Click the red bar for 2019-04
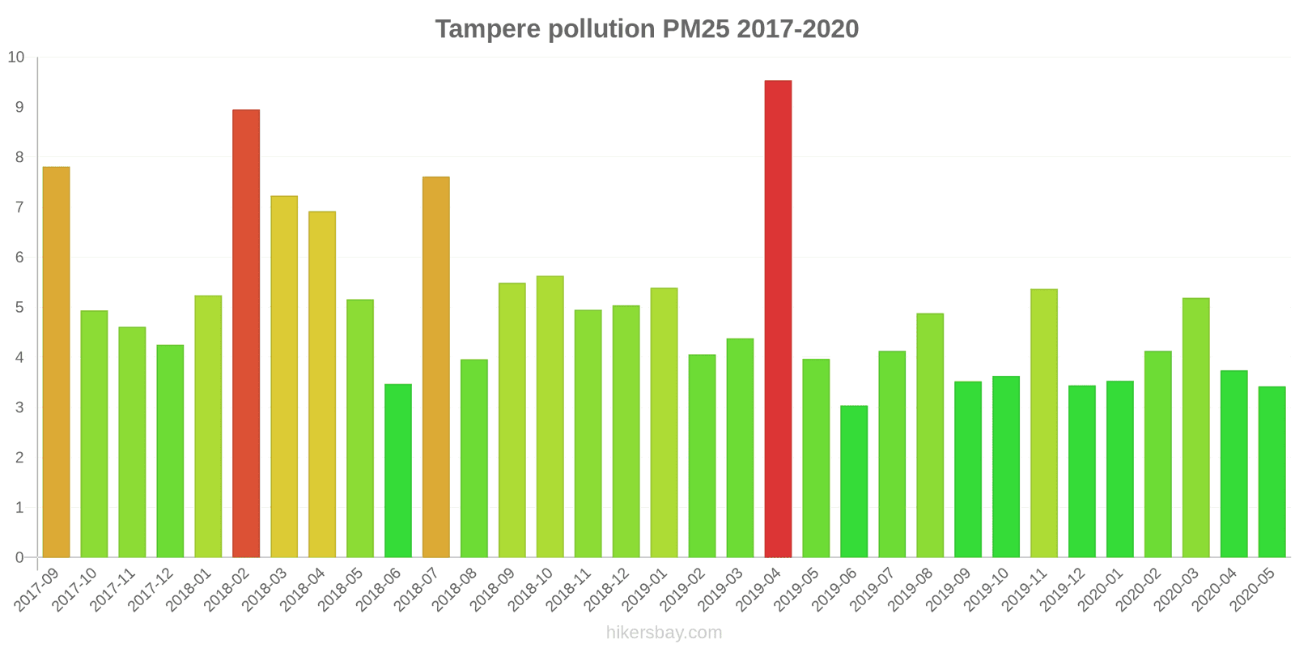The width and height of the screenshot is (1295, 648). pyautogui.click(x=778, y=319)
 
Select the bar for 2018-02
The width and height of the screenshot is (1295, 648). pyautogui.click(x=246, y=334)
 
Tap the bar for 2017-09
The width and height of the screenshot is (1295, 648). pyautogui.click(x=56, y=362)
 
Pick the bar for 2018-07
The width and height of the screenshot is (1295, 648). pyautogui.click(x=436, y=367)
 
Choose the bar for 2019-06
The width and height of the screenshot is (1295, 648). pyautogui.click(x=854, y=481)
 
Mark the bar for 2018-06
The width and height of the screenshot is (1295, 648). pyautogui.click(x=398, y=471)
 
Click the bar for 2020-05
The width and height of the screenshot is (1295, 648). pyautogui.click(x=1272, y=472)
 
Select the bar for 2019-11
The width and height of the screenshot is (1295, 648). pyautogui.click(x=1044, y=423)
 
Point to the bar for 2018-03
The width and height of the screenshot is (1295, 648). pyautogui.click(x=284, y=377)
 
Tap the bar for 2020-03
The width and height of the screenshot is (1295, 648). pyautogui.click(x=1195, y=428)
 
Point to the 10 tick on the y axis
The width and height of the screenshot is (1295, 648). pyautogui.click(x=16, y=58)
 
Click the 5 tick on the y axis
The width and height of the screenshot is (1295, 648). pyautogui.click(x=19, y=308)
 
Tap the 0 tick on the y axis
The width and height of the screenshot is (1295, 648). pyautogui.click(x=19, y=558)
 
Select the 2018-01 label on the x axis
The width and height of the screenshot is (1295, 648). pyautogui.click(x=189, y=590)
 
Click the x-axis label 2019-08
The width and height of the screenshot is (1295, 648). pyautogui.click(x=911, y=590)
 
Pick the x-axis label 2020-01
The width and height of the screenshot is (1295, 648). pyautogui.click(x=1101, y=590)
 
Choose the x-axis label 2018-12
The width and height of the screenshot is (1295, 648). pyautogui.click(x=607, y=590)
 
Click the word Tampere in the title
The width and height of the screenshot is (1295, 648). pyautogui.click(x=488, y=29)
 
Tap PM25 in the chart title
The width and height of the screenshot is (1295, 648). pyautogui.click(x=695, y=29)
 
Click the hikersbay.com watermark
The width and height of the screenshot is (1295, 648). pyautogui.click(x=664, y=633)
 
